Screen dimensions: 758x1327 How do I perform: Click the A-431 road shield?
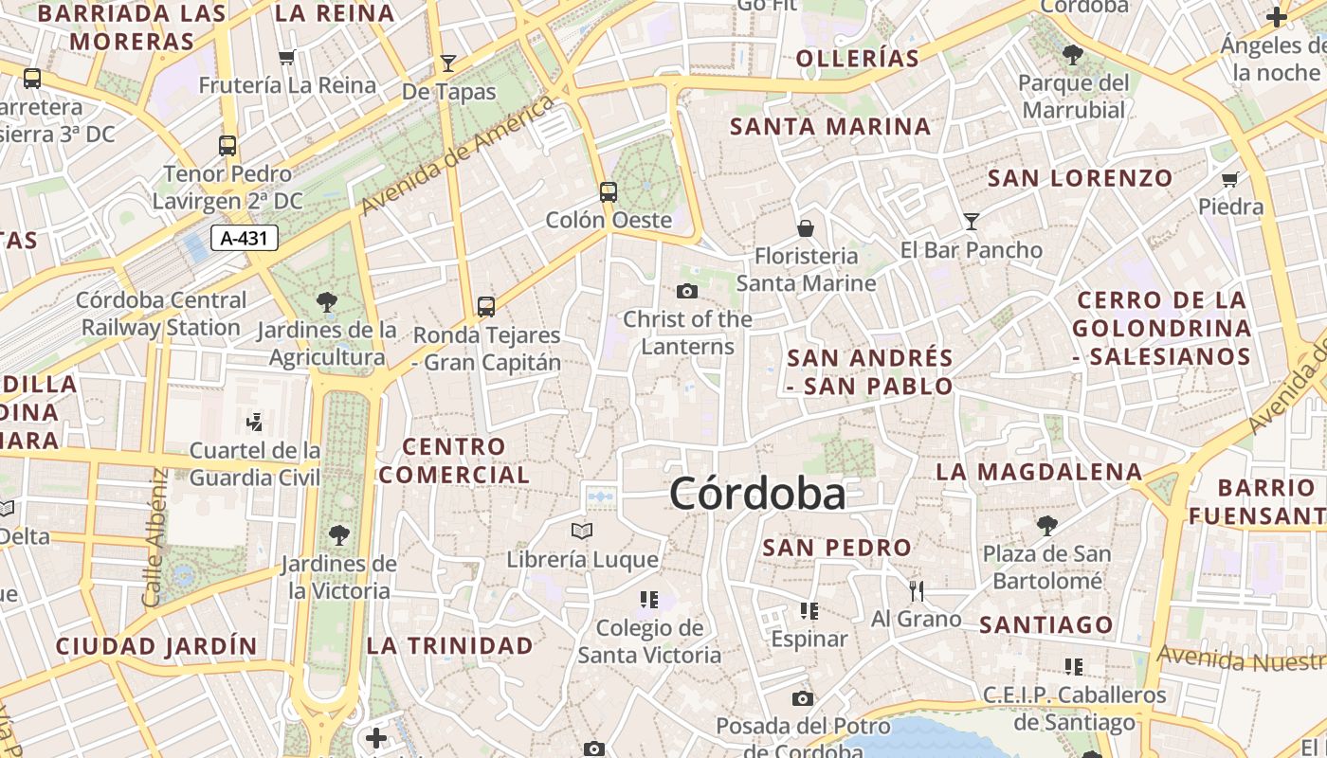[x=244, y=238]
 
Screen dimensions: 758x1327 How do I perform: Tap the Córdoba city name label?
[x=757, y=494]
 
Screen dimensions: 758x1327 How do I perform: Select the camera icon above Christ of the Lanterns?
[x=687, y=291]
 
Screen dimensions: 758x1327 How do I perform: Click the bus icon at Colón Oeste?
[x=609, y=192]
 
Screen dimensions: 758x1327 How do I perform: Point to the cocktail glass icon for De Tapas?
[x=448, y=63]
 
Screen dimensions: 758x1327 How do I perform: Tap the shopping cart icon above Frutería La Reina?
[x=288, y=57]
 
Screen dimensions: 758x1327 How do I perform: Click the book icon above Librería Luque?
[x=582, y=531]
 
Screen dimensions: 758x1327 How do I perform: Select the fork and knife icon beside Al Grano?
[x=916, y=591]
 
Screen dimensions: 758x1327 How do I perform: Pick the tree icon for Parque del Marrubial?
[x=1073, y=55]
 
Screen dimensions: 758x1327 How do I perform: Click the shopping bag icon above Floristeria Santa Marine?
[x=806, y=228]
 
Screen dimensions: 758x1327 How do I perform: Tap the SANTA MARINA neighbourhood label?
[x=830, y=126]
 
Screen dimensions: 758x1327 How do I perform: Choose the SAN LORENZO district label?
[x=1081, y=177]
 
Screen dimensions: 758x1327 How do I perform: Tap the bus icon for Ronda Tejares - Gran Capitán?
[x=486, y=306]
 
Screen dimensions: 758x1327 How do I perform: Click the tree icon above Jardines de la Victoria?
[x=338, y=535]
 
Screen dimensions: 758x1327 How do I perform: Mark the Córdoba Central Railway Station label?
[x=161, y=314]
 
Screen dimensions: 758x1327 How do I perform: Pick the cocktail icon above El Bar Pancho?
[x=972, y=222]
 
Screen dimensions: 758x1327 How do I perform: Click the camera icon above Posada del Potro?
[x=803, y=699]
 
